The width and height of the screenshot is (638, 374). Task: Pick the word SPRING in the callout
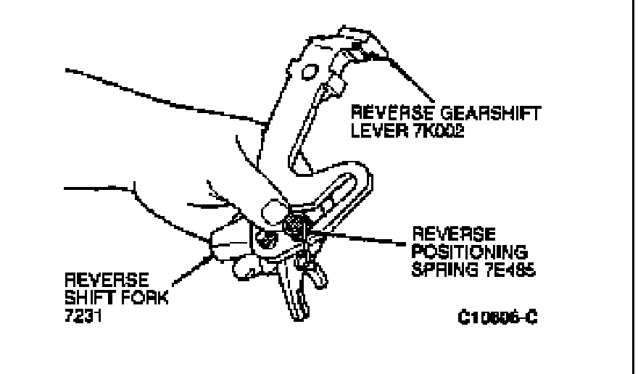click(437, 270)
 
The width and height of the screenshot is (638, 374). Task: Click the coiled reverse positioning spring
click(297, 226)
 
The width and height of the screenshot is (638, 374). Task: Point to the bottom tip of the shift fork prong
click(298, 317)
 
